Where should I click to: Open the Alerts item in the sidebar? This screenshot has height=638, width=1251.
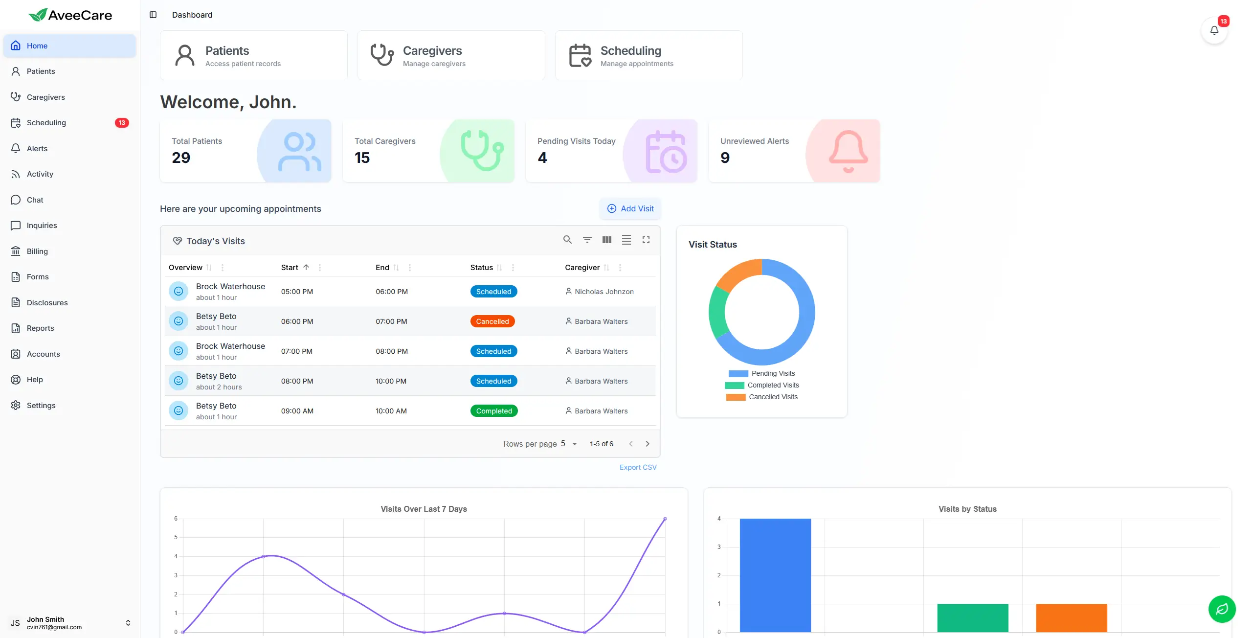point(37,148)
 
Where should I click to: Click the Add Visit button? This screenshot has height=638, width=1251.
point(630,208)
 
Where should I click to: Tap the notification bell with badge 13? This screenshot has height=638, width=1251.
point(1214,30)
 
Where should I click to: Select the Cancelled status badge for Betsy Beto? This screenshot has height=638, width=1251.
point(492,321)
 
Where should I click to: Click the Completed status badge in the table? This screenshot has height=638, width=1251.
point(493,411)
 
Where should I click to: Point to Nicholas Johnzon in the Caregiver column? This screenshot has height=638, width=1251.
point(603,292)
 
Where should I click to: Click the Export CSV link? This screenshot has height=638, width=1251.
point(638,467)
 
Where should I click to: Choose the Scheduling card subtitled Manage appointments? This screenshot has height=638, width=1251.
point(648,55)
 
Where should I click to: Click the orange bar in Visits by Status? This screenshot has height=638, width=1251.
point(1071,617)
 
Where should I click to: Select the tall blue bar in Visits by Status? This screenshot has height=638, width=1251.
point(775,575)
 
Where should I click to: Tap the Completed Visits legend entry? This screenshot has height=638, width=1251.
point(773,385)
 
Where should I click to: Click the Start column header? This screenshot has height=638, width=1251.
point(290,267)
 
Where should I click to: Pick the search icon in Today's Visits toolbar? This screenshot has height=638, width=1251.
point(567,240)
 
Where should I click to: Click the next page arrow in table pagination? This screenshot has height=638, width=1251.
point(648,444)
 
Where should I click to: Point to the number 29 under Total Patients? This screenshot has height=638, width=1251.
point(181,158)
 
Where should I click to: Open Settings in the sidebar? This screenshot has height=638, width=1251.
point(41,405)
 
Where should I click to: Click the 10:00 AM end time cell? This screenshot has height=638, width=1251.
point(391,411)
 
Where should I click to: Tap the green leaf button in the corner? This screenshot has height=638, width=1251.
point(1221,609)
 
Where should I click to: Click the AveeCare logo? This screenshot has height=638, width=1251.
point(70,15)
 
